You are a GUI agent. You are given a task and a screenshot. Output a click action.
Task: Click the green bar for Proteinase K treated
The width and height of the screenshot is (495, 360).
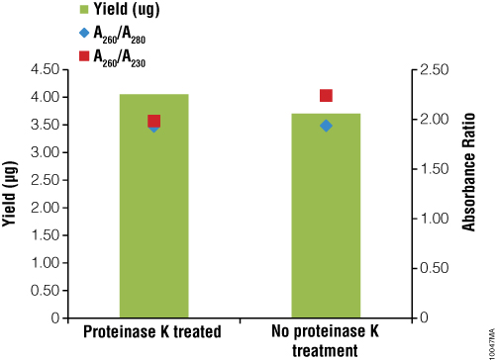tap(153, 218)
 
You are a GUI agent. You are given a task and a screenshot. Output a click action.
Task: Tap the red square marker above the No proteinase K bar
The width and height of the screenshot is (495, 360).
tap(326, 96)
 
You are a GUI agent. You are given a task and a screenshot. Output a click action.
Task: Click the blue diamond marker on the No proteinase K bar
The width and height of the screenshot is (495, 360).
tap(326, 126)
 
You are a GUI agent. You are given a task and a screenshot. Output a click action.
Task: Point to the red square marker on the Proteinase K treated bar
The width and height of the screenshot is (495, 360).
tap(153, 121)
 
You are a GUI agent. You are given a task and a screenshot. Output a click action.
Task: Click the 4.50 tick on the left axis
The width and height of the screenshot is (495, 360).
tap(46, 70)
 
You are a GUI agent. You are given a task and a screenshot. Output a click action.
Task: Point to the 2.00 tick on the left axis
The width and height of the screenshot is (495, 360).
tap(46, 208)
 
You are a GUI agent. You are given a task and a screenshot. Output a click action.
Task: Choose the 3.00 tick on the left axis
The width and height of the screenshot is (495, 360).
tap(46, 152)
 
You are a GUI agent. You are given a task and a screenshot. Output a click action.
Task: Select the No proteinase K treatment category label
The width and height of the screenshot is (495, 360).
tap(326, 340)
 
